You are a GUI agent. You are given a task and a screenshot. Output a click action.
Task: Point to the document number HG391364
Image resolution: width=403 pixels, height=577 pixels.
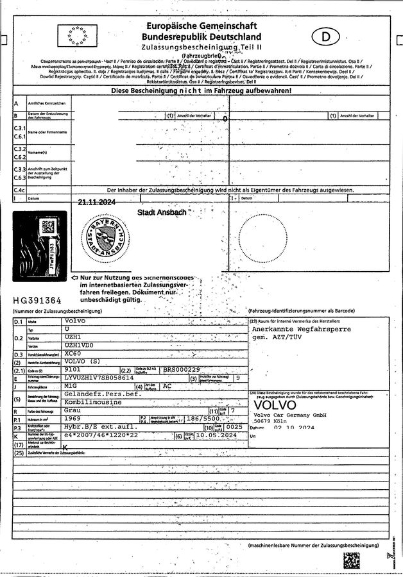click(x=37, y=300)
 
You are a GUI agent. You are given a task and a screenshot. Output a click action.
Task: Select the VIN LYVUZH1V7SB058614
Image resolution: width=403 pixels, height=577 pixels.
click(x=99, y=378)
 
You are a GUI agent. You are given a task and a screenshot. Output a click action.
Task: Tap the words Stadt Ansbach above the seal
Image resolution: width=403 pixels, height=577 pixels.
click(x=162, y=212)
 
